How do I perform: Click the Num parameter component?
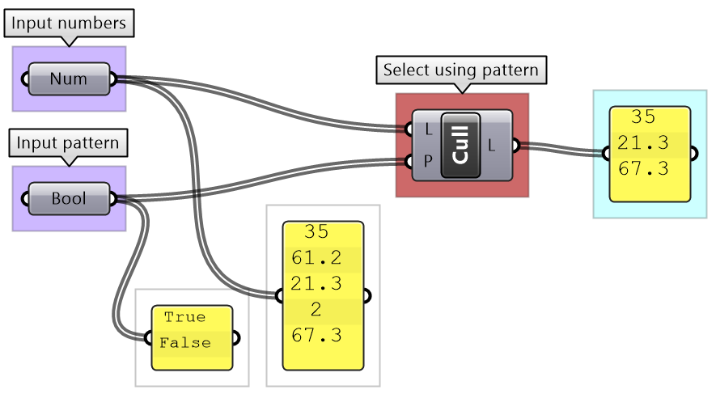click(x=69, y=79)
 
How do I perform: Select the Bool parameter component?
click(x=69, y=199)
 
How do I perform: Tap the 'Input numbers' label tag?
click(x=69, y=23)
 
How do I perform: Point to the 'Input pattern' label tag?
click(x=69, y=144)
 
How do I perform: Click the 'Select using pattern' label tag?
click(x=460, y=70)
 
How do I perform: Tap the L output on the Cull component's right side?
click(x=493, y=146)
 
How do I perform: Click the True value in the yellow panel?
click(x=184, y=317)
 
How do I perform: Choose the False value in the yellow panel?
click(x=184, y=343)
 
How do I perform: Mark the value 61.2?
click(x=316, y=258)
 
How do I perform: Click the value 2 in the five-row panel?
click(x=316, y=309)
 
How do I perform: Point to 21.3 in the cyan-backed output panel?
click(x=643, y=143)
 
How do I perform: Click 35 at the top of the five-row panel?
click(x=316, y=232)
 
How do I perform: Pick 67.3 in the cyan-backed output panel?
click(x=643, y=169)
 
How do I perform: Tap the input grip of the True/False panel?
click(x=148, y=338)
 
